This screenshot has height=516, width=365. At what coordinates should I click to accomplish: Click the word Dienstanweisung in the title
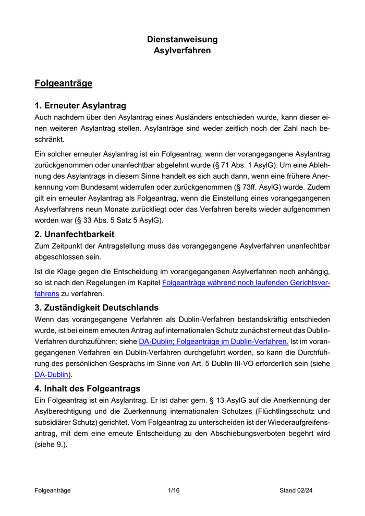pyautogui.click(x=182, y=40)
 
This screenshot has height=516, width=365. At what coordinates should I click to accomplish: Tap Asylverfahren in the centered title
pyautogui.click(x=182, y=51)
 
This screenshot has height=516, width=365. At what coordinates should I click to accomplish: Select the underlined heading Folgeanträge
pyautogui.click(x=63, y=83)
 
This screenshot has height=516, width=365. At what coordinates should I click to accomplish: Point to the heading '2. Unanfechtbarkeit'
pyautogui.click(x=74, y=234)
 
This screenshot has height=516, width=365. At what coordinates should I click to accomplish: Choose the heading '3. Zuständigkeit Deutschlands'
pyautogui.click(x=96, y=308)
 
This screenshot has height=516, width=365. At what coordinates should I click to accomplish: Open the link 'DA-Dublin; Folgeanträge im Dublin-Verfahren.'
pyautogui.click(x=213, y=341)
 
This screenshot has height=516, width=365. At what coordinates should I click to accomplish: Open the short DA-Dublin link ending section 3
pyautogui.click(x=51, y=374)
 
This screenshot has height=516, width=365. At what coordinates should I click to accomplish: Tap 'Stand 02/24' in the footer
pyautogui.click(x=296, y=490)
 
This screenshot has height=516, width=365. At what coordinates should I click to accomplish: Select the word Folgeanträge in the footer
pyautogui.click(x=52, y=490)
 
